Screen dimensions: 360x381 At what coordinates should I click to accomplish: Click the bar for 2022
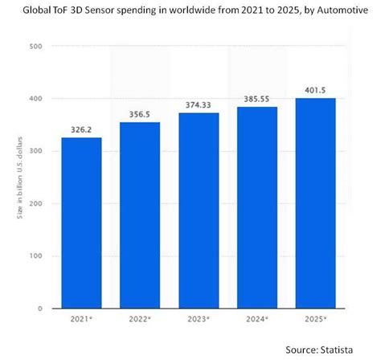click(140, 215)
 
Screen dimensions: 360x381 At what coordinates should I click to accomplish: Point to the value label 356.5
click(140, 113)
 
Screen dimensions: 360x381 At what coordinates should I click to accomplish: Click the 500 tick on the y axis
click(35, 47)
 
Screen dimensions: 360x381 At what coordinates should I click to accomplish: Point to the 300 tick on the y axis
click(35, 151)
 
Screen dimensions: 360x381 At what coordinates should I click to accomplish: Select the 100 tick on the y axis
click(35, 256)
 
